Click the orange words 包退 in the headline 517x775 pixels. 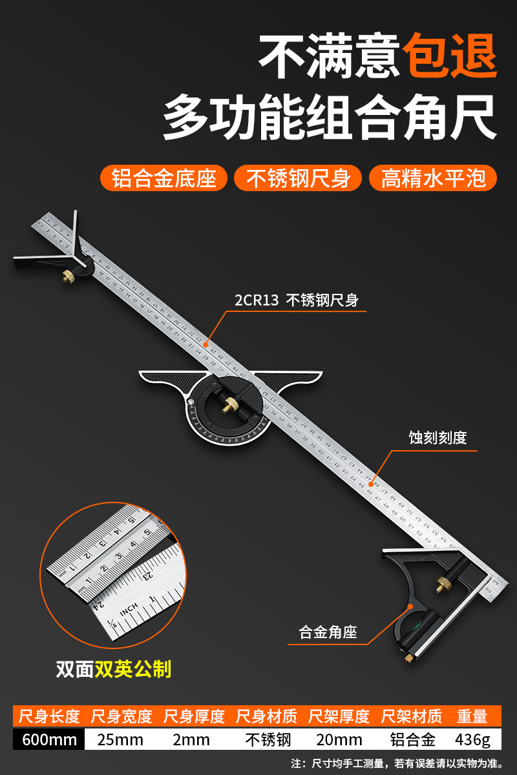coord(451,56)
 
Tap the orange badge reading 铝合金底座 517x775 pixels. coord(164,178)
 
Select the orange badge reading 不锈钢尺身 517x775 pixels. coord(298,178)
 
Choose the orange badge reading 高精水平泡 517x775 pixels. coord(432,178)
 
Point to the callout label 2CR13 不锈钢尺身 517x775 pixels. coord(296,300)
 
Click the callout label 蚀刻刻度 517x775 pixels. coord(438,438)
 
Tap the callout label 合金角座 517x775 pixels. coord(328,632)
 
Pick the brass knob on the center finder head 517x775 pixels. coord(67,276)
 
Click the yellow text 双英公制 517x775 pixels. coord(133,668)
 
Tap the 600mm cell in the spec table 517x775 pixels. coord(49,739)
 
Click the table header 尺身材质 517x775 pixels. coord(266,716)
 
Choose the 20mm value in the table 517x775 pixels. coord(339,739)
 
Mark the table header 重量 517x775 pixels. coord(472,716)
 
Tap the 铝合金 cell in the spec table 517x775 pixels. coord(412,739)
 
